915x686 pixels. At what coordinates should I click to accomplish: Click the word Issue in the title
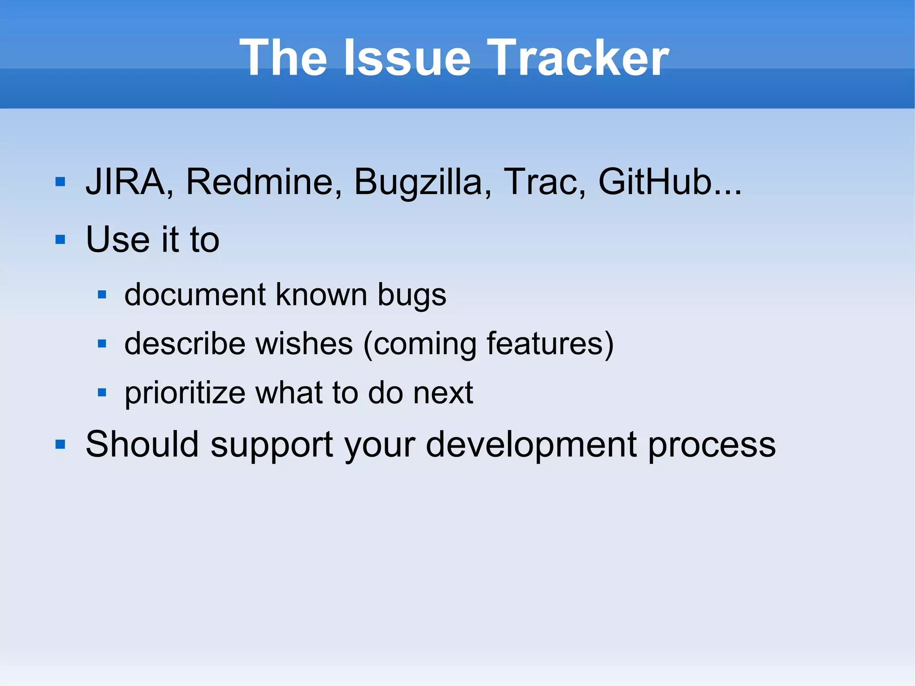tap(407, 58)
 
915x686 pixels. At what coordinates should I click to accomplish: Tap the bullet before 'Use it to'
tap(60, 240)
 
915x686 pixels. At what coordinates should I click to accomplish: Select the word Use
tap(118, 240)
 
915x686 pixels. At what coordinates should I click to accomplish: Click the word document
tap(195, 295)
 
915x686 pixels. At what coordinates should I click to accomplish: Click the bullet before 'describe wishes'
tap(102, 344)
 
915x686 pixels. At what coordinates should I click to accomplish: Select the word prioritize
tap(185, 393)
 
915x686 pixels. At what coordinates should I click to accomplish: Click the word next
tap(443, 393)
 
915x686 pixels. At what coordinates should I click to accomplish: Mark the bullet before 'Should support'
tap(60, 444)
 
